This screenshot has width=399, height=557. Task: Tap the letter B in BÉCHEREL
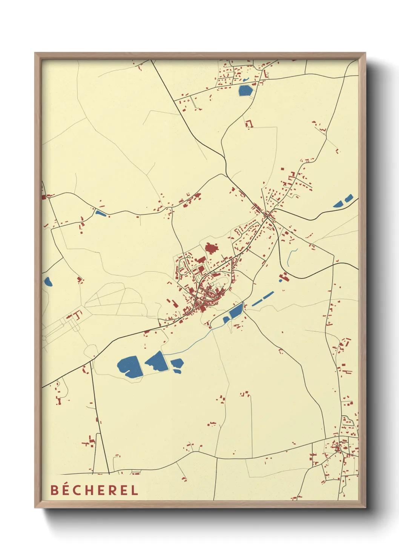click(x=55, y=490)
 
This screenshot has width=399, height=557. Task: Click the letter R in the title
click(x=113, y=490)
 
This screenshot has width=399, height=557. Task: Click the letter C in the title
click(x=78, y=490)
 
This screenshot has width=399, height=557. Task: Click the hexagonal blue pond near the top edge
click(x=245, y=90)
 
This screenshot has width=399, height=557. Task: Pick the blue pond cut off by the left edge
click(x=48, y=281)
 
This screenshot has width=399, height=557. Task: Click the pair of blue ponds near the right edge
click(x=343, y=201)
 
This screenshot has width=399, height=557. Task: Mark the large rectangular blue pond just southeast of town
click(x=236, y=311)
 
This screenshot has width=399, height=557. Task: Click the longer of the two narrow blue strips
click(x=262, y=298)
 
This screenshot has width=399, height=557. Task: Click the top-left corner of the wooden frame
click(x=35, y=53)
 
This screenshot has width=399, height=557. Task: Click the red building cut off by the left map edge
click(x=43, y=196)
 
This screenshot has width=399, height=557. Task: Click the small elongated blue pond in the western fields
click(x=101, y=213)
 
